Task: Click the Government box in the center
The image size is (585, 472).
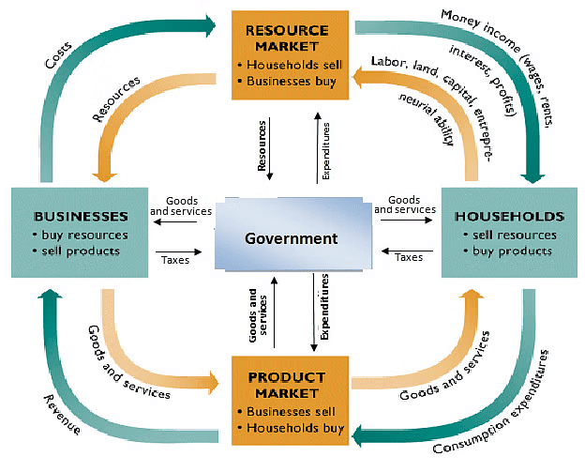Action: coord(291,238)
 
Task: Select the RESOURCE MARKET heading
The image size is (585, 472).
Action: coord(292,38)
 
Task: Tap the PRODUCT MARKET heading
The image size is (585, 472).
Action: coord(292,385)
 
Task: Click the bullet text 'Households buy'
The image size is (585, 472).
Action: coord(297,428)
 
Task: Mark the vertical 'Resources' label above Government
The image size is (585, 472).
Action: coord(262,146)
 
